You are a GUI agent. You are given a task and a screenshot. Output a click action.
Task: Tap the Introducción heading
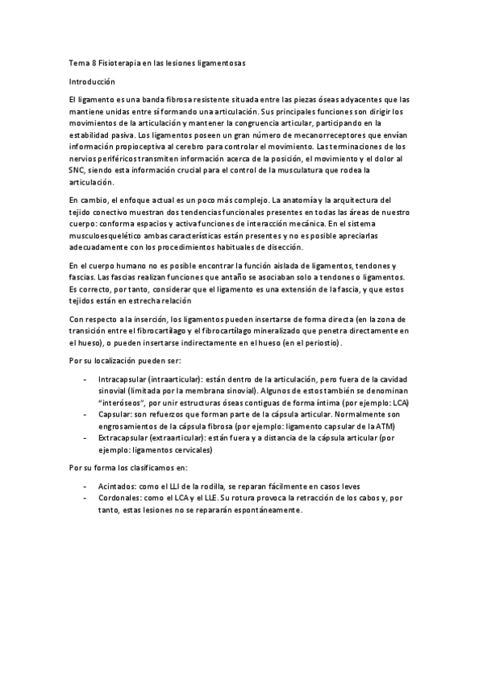coord(92,81)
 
